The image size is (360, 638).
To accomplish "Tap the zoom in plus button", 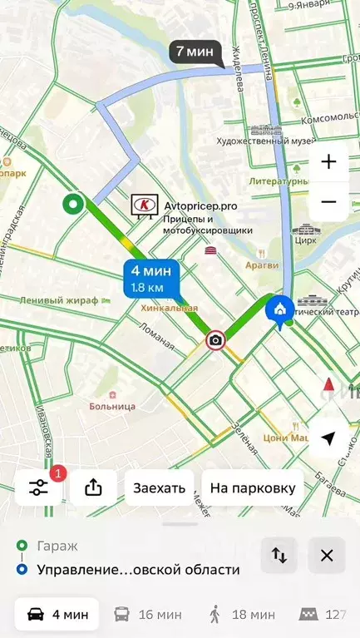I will point(328,162).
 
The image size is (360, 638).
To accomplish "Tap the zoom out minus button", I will point(328,202).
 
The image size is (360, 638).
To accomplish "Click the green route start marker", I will point(73,204).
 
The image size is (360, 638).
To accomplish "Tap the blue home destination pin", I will point(278,310).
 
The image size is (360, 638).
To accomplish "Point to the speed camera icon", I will point(215,339).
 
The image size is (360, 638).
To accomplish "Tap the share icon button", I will point(93,487).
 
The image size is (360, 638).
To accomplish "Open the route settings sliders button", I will point(39,487).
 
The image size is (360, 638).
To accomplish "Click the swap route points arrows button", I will point(279,556).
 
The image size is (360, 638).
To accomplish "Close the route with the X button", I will point(327,556).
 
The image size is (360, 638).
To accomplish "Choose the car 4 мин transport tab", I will point(57,615).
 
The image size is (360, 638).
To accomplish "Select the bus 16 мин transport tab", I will point(147,615).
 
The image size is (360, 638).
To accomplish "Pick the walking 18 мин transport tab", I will point(242,615).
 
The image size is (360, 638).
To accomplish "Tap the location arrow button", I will point(328,438).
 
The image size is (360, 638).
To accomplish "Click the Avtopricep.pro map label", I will point(200,205).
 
